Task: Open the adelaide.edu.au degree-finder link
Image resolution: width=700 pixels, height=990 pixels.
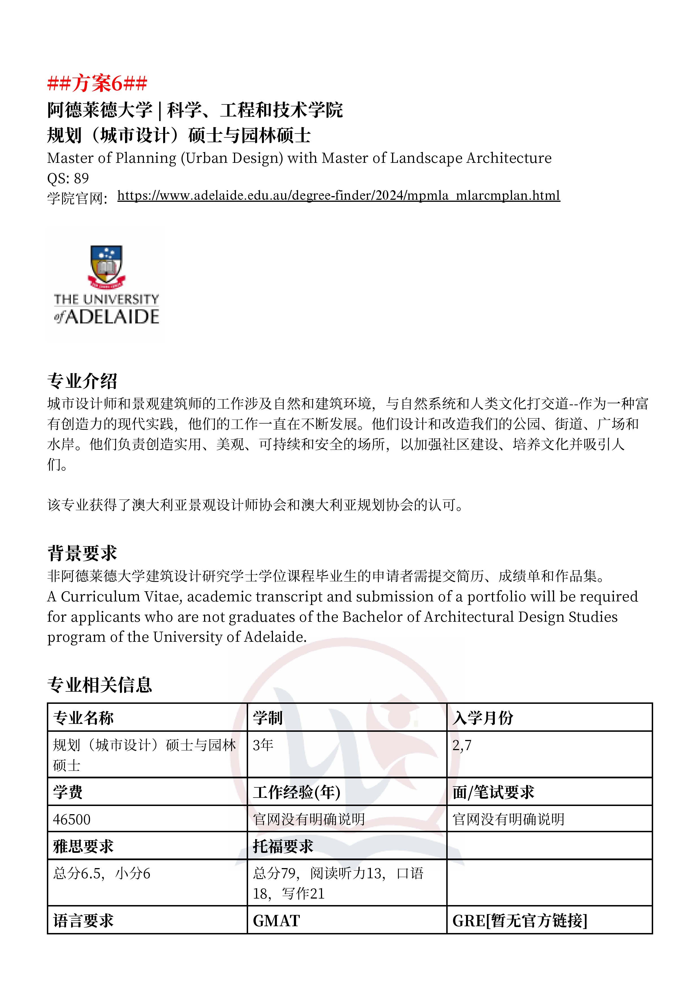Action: coord(339,196)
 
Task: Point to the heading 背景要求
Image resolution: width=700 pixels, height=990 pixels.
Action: coord(82,553)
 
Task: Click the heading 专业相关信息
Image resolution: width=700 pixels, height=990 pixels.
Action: coord(100,685)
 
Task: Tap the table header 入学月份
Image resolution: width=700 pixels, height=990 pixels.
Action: coord(483,718)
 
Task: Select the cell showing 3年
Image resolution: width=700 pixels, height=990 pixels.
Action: coord(263,745)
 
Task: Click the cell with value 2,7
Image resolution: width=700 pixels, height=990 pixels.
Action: coord(462,745)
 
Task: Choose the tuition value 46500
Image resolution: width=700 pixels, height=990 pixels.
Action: coord(72,819)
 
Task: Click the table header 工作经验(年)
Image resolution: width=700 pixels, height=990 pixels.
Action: coord(297,792)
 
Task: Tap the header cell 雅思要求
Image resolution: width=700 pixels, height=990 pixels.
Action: coord(83,846)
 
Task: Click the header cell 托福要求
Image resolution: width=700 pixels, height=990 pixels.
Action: coord(283,846)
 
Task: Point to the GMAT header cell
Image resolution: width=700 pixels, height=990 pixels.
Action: coord(276,921)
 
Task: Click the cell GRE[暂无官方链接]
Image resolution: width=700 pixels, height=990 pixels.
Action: coord(520,921)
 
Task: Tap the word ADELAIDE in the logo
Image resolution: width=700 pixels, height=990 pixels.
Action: coord(112,317)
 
